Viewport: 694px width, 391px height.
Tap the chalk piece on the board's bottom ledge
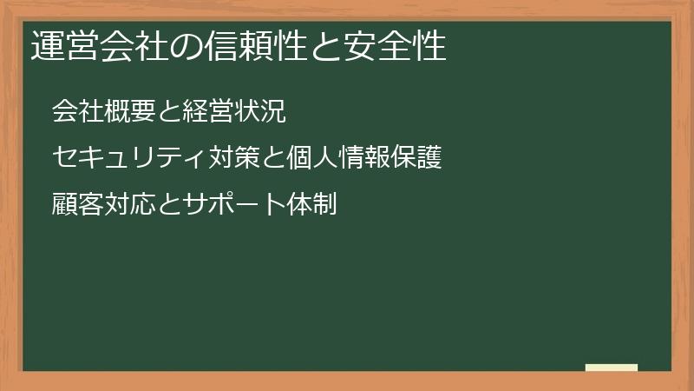click(611, 368)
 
